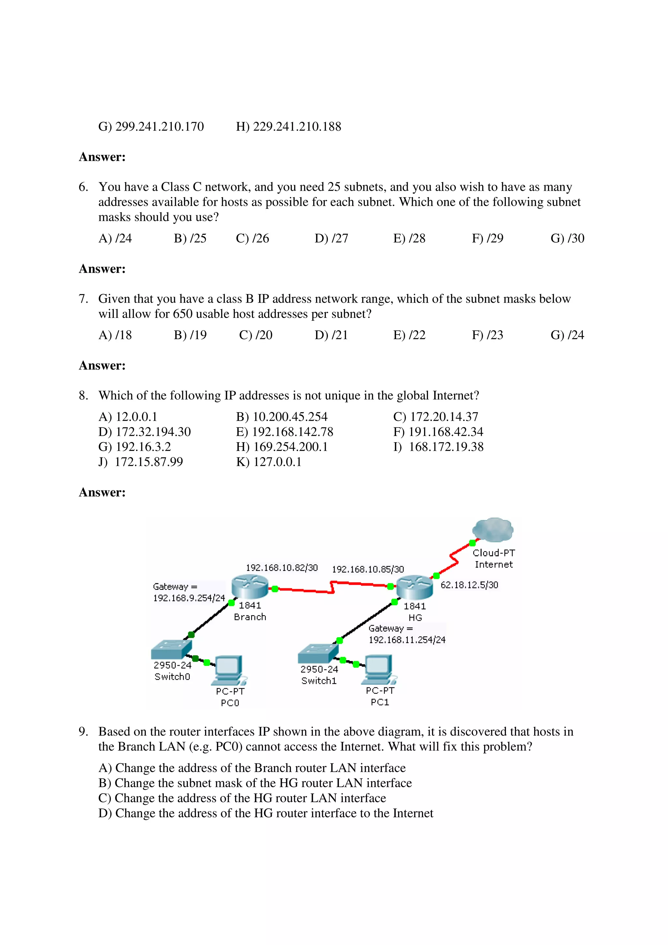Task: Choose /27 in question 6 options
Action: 331,238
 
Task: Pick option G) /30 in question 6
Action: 567,238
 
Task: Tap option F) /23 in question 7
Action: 487,335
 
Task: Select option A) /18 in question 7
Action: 115,335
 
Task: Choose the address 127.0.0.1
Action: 268,462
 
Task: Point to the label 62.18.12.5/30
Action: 469,585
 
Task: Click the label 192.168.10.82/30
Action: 281,568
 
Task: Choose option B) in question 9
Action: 255,783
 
